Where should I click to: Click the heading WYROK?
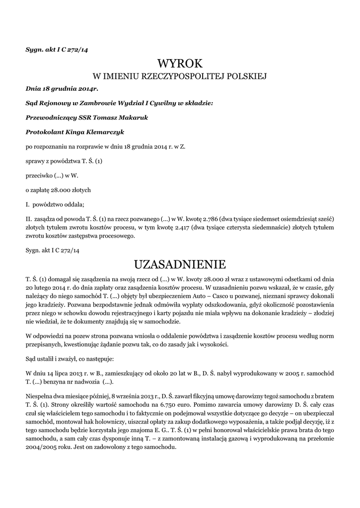tap(180, 63)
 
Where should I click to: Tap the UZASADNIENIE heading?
tap(180, 262)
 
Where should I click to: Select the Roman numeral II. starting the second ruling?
tap(28, 218)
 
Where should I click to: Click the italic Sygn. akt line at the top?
tap(57, 49)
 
